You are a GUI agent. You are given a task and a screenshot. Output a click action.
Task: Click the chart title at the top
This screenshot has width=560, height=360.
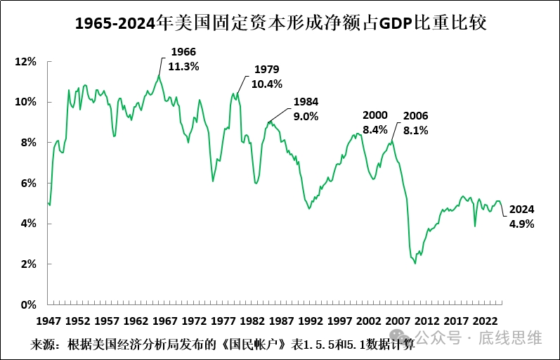click(x=281, y=24)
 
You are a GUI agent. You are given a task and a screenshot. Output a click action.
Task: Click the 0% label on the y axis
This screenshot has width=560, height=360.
click(x=28, y=305)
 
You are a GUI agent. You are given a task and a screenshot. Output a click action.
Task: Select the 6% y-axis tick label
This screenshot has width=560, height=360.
click(x=28, y=184)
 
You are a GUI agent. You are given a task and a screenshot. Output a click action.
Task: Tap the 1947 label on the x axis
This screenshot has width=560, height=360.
click(x=48, y=321)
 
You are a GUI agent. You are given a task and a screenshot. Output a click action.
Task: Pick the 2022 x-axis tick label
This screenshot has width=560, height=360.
click(x=485, y=321)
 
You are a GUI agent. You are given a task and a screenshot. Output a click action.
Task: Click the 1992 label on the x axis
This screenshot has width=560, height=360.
click(x=311, y=321)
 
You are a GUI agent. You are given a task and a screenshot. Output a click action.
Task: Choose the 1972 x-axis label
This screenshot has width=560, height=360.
click(x=194, y=321)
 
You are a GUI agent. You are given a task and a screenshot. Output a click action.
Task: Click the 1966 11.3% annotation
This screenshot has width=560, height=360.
click(x=183, y=59)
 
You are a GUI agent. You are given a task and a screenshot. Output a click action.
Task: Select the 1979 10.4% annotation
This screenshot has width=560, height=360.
click(x=267, y=77)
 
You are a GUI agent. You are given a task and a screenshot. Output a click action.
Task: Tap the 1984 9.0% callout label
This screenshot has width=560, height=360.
click(x=306, y=109)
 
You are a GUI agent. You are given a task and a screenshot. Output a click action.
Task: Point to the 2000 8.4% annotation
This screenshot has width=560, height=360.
click(x=375, y=122)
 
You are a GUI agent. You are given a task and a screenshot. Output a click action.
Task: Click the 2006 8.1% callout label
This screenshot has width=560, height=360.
click(x=416, y=123)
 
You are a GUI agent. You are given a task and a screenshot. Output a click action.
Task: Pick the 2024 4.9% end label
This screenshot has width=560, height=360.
click(x=522, y=217)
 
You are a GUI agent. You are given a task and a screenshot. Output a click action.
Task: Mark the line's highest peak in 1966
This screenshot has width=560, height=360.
click(x=159, y=75)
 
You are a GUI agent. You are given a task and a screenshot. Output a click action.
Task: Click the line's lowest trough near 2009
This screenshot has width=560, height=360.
click(x=415, y=264)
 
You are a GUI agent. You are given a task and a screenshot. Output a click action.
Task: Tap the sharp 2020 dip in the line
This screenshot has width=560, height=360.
click(x=475, y=226)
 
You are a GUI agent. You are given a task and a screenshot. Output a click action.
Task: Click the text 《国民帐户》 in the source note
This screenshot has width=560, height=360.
click(x=254, y=345)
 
